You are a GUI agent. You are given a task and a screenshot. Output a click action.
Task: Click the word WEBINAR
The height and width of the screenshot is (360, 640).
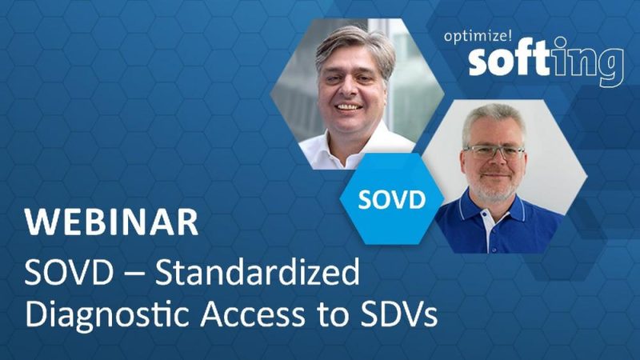click(x=111, y=222)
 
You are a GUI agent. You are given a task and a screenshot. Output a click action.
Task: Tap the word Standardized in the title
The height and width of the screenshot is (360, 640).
click(x=257, y=272)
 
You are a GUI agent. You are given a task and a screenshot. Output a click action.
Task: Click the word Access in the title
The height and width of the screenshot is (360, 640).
click(x=253, y=314)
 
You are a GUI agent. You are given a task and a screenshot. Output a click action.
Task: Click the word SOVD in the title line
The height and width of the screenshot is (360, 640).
click(x=69, y=272)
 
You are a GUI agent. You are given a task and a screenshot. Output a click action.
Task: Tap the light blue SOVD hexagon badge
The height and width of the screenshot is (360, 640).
click(x=392, y=199)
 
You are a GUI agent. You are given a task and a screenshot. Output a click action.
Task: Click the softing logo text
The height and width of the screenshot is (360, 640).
click(x=546, y=62)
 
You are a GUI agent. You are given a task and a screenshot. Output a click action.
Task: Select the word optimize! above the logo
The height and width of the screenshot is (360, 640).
click(x=478, y=36)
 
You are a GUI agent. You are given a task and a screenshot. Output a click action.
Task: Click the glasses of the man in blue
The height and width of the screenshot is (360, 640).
click(x=494, y=152)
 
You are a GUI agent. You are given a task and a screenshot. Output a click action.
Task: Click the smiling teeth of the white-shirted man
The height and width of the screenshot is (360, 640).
click(x=349, y=107)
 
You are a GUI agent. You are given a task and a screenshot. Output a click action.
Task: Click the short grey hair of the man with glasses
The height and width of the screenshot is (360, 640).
click(x=493, y=118)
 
